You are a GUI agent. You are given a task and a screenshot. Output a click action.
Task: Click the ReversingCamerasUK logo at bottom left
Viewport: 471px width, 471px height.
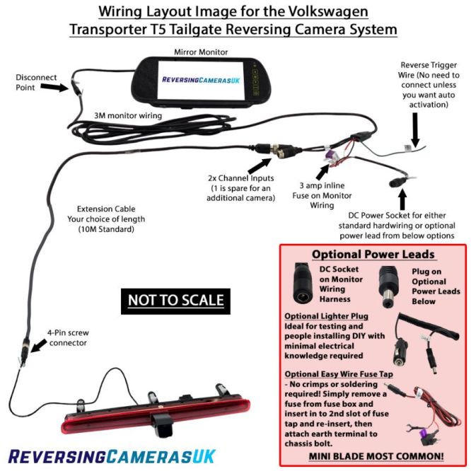(110, 455)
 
